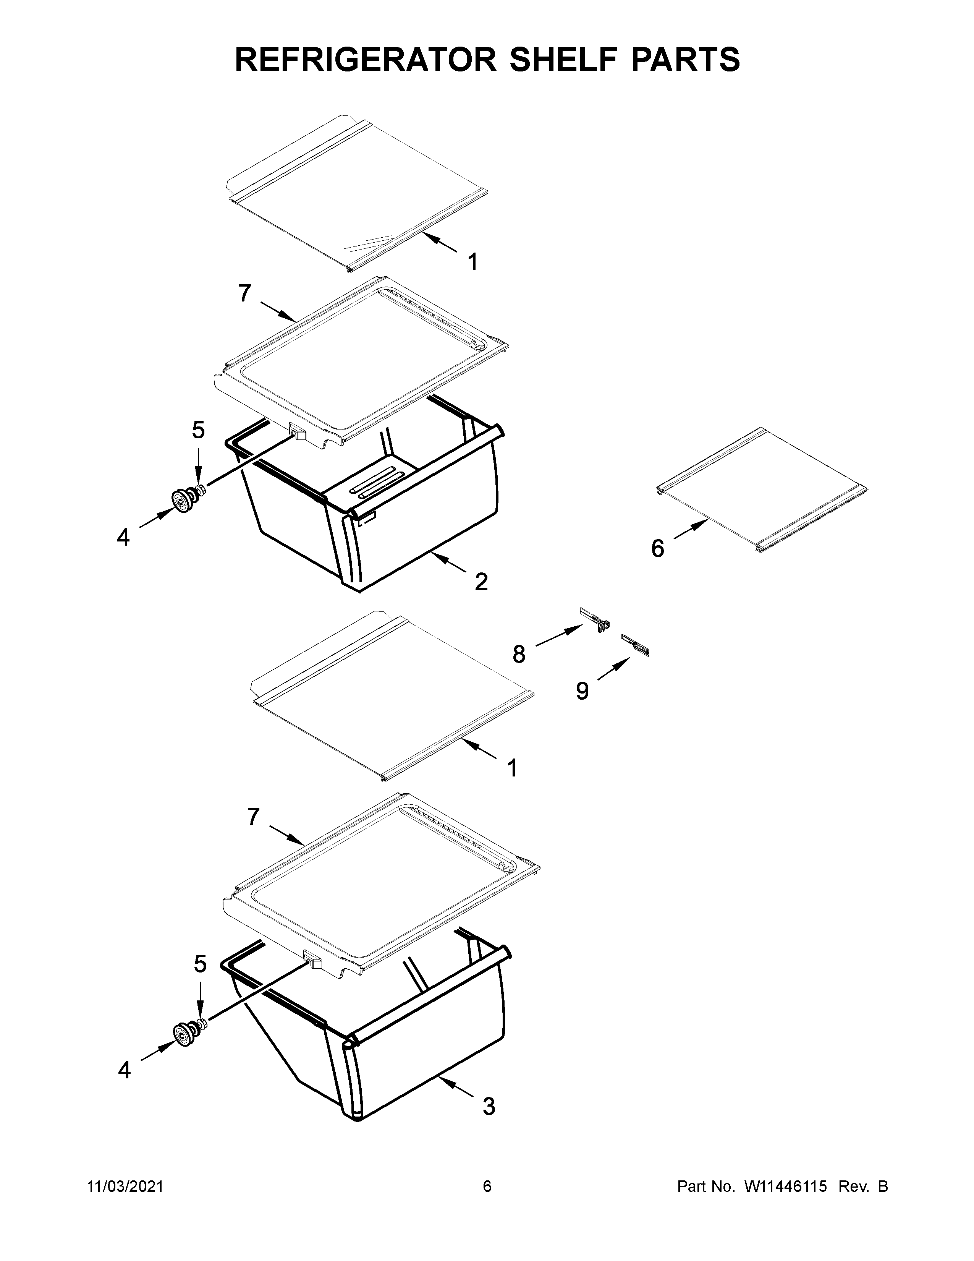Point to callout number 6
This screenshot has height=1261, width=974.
[657, 548]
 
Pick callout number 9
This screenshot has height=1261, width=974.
[582, 690]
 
